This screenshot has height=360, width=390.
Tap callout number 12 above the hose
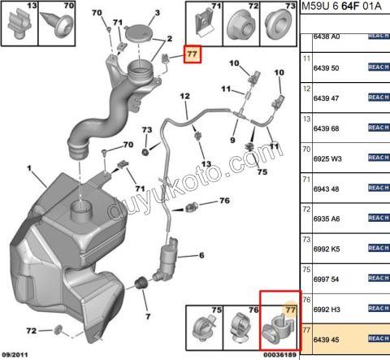pos(184,97)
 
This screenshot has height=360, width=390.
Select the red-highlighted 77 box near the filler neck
pos(192,55)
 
